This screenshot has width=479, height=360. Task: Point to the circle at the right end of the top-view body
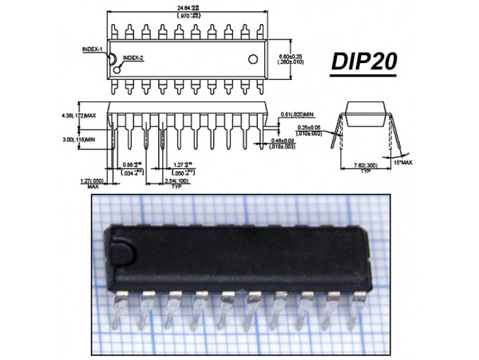click(x=253, y=58)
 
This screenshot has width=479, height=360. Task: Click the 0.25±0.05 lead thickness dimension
click(x=297, y=129)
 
